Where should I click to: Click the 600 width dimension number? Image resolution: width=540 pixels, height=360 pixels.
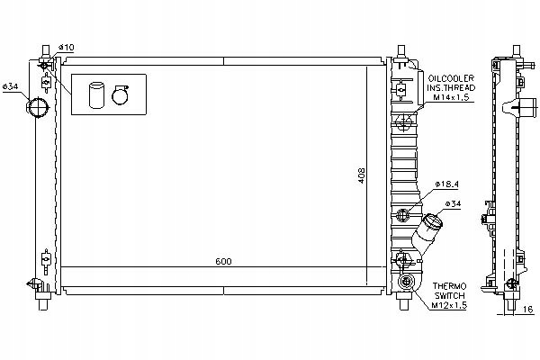223,261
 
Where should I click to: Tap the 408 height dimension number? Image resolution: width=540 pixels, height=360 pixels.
362,175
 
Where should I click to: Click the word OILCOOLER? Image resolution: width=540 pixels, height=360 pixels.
454,79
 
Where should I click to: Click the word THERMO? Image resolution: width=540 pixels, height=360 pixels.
449,283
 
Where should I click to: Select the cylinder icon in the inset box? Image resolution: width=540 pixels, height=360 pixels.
96,95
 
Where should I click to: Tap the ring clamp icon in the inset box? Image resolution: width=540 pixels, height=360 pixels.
119,94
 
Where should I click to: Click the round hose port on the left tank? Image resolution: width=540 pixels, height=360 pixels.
38,108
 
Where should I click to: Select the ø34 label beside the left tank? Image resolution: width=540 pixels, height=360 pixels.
12,86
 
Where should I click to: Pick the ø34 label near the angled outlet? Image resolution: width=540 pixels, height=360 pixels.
455,203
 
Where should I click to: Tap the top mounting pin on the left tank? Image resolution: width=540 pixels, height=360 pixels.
42,45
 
